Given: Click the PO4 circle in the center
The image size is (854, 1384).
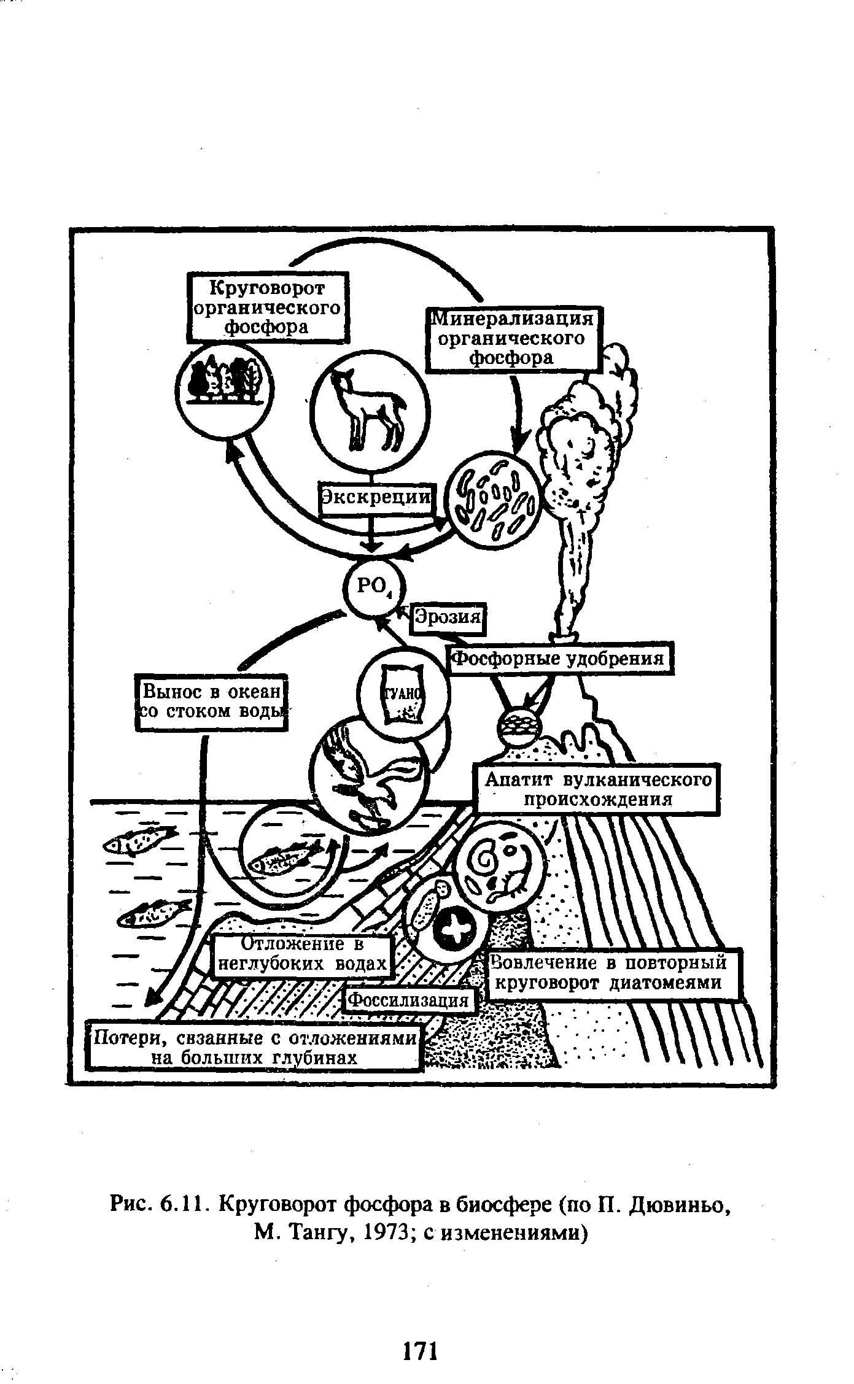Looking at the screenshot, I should click(x=372, y=587).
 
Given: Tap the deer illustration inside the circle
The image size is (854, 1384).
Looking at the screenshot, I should click(x=367, y=409).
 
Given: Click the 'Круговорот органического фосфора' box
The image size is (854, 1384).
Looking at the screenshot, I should click(x=267, y=306).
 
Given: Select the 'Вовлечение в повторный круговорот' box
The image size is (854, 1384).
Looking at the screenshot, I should click(x=611, y=973).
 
